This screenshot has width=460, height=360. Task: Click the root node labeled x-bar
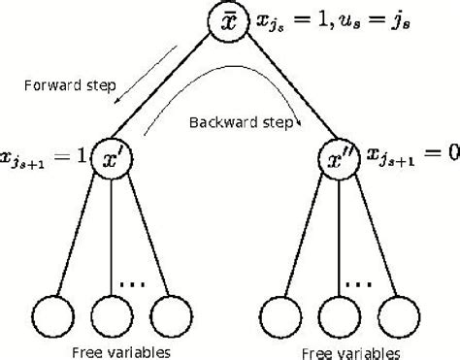click(x=230, y=22)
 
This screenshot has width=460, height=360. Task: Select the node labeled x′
click(x=112, y=155)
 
